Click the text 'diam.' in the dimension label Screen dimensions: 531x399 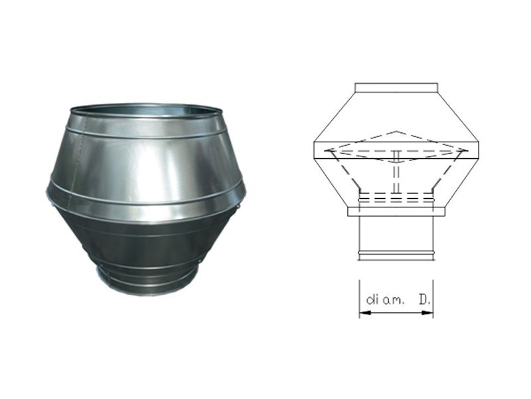pos(385,300)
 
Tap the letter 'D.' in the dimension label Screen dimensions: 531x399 pos(425,300)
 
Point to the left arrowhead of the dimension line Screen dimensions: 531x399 pos(363,313)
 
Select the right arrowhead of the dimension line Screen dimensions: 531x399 pos(429,313)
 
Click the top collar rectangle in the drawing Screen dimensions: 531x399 pos(396,88)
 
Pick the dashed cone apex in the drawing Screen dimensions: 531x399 pos(396,131)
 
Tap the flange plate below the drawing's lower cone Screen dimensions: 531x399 pos(396,211)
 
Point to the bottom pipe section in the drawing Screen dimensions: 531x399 pos(396,238)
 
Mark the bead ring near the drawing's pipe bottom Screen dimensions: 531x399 pos(396,253)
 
